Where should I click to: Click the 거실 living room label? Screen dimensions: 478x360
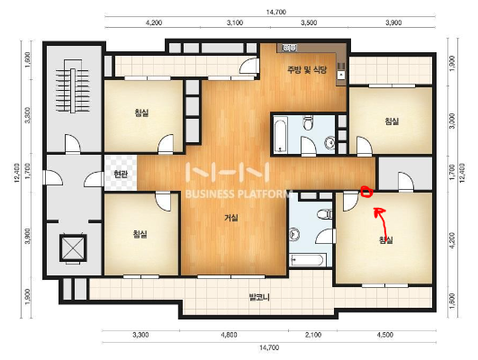(x=231, y=218)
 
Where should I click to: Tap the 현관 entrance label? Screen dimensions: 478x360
(x=121, y=174)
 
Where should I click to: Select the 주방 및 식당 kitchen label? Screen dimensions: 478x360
(x=307, y=70)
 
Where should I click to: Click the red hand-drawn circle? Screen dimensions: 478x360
(x=366, y=192)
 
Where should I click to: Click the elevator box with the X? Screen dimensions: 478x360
(x=73, y=247)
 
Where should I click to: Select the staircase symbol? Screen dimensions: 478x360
(x=73, y=91)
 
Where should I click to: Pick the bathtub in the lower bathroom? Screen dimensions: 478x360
(x=307, y=260)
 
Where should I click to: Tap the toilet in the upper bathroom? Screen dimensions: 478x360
(x=308, y=121)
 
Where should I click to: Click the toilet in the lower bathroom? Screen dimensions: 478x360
(x=324, y=213)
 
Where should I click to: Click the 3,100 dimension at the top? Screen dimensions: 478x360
(x=235, y=22)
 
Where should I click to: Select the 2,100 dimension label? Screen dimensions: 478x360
(x=313, y=335)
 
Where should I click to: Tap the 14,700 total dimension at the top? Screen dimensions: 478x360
(x=275, y=13)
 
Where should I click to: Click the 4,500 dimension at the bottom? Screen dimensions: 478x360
(x=384, y=335)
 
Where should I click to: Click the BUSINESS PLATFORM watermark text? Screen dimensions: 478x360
(x=238, y=193)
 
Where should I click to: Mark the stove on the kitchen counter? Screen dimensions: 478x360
(x=289, y=47)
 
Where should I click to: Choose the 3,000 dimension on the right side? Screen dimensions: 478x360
(x=452, y=121)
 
